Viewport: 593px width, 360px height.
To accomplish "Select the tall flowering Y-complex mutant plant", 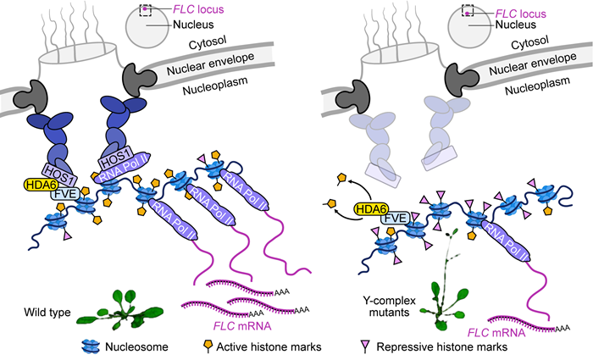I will pyautogui.click(x=445, y=280).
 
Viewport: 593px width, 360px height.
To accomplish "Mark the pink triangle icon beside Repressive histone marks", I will pyautogui.click(x=365, y=346).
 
